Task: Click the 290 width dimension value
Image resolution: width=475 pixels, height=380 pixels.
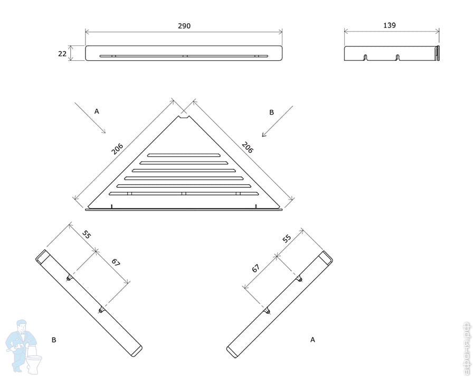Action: pyautogui.click(x=184, y=26)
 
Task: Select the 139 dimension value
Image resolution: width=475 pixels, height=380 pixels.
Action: pyautogui.click(x=389, y=25)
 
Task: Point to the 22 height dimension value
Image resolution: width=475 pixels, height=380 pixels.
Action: pyautogui.click(x=62, y=54)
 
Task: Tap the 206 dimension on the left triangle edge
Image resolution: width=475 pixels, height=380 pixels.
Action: pyautogui.click(x=117, y=148)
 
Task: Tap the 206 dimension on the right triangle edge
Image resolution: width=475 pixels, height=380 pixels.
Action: pyautogui.click(x=248, y=147)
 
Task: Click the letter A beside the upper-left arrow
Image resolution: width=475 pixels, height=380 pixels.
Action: pyautogui.click(x=97, y=111)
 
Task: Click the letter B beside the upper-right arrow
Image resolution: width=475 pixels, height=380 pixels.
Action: pyautogui.click(x=271, y=112)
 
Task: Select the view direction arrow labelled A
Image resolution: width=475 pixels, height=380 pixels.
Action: pyautogui.click(x=90, y=118)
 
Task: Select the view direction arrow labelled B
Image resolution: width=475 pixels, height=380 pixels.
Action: pyautogui.click(x=277, y=121)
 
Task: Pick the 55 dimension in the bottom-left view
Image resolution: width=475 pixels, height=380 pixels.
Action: pyautogui.click(x=87, y=234)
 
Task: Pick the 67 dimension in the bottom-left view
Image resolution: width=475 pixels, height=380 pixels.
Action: pyautogui.click(x=116, y=262)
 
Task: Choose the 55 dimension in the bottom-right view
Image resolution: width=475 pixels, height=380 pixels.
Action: pyautogui.click(x=287, y=239)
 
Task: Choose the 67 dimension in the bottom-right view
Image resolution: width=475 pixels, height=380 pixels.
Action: pyautogui.click(x=255, y=268)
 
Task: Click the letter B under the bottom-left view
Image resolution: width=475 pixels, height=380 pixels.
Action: pyautogui.click(x=54, y=340)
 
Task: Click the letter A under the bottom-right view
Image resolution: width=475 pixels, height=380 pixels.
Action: pyautogui.click(x=312, y=340)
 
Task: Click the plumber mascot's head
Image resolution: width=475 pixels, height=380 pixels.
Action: pyautogui.click(x=21, y=326)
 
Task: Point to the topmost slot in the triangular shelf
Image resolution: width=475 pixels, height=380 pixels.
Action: pyautogui.click(x=184, y=155)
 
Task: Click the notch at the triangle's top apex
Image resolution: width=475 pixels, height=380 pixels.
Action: pyautogui.click(x=183, y=117)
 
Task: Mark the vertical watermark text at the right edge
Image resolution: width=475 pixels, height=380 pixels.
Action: pyautogui.click(x=467, y=348)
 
